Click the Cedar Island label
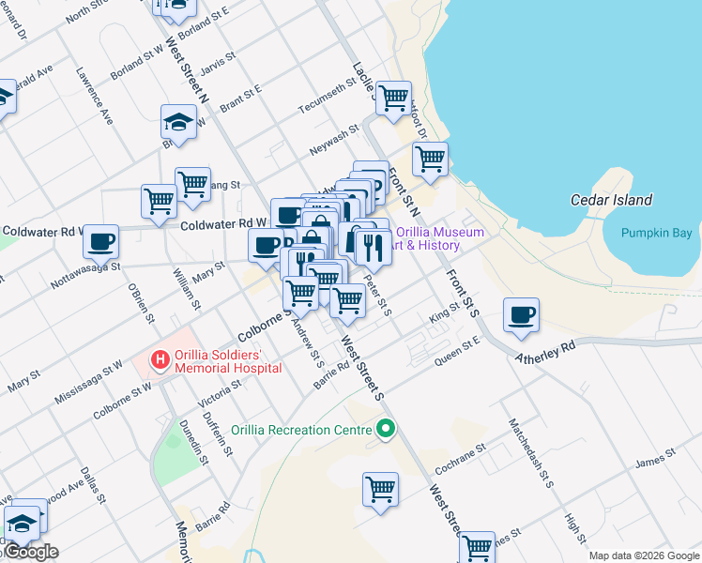(x=611, y=200)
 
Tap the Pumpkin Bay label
(x=656, y=233)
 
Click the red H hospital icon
(x=160, y=359)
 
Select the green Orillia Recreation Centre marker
(x=385, y=431)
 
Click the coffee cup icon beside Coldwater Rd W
(x=100, y=241)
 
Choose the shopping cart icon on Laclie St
(x=394, y=97)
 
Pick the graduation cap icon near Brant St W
(x=178, y=121)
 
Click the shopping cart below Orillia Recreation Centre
(x=380, y=488)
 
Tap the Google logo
(x=31, y=553)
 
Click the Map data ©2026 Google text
(x=644, y=555)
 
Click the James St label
(x=654, y=459)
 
